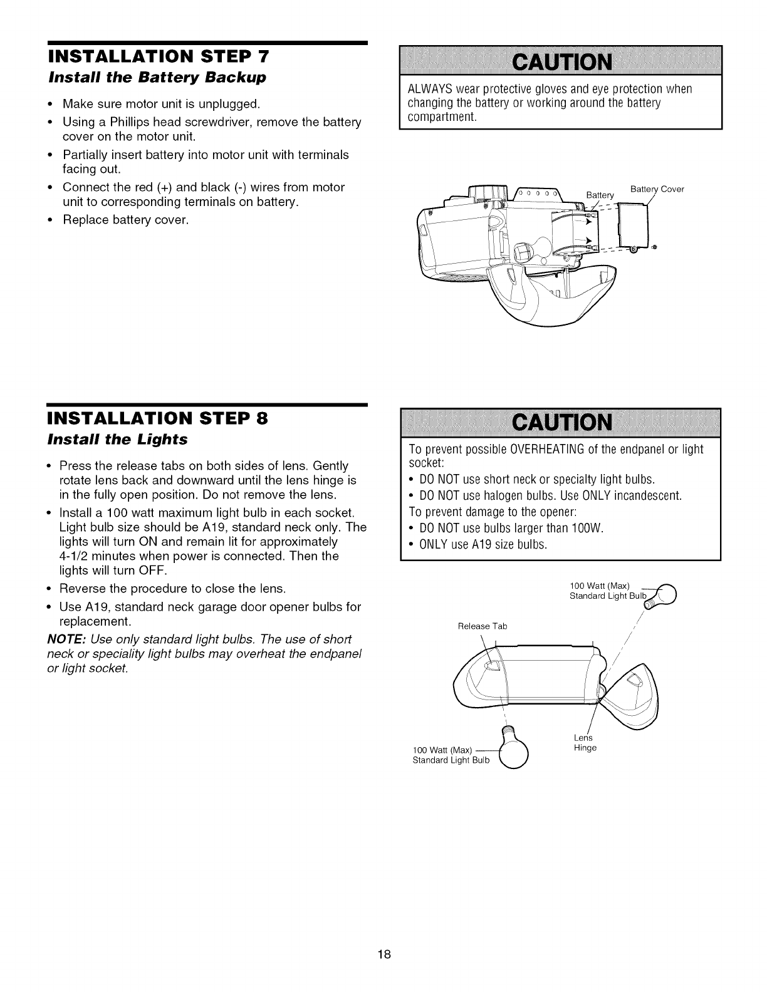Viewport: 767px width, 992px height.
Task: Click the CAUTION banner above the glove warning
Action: (561, 62)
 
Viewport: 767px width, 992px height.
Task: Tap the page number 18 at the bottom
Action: (384, 954)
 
